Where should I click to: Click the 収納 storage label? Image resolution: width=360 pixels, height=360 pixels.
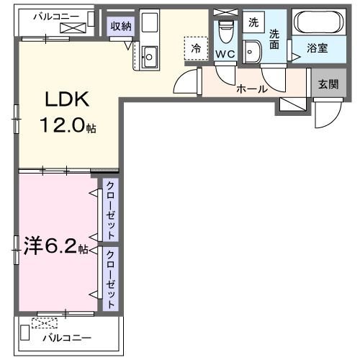[x=120, y=27]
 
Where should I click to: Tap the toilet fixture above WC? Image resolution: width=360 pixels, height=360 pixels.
[x=225, y=31]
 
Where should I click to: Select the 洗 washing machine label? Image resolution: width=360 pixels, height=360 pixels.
[x=253, y=22]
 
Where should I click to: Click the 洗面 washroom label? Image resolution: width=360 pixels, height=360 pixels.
[x=274, y=39]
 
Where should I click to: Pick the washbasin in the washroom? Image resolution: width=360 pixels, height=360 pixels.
[x=252, y=51]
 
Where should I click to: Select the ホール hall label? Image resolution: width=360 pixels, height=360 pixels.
[x=252, y=89]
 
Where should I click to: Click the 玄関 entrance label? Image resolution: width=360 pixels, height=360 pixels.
[x=328, y=82]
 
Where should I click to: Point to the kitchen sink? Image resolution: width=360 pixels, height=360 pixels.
[x=150, y=55]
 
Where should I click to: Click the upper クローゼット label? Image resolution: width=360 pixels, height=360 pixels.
[x=110, y=210]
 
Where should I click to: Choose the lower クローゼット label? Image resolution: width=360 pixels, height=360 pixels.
[x=110, y=278]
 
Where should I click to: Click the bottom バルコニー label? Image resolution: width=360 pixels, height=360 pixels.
[x=66, y=337]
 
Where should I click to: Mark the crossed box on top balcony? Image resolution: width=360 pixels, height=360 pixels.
[x=73, y=27]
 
